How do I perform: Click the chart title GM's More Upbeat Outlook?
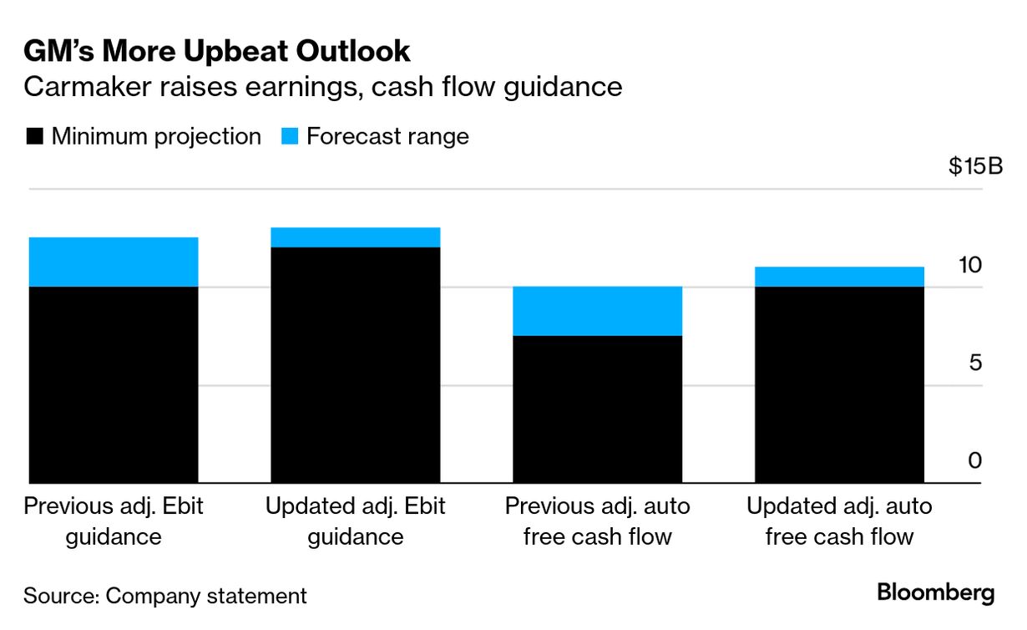[x=217, y=52]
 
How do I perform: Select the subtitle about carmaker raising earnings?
[x=323, y=87]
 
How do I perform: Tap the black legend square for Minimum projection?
[x=34, y=136]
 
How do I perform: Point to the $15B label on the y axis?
[x=974, y=166]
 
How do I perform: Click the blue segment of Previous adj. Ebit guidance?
[x=114, y=262]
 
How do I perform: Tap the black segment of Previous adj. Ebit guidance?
[x=114, y=384]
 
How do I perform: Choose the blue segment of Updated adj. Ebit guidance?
[x=356, y=237]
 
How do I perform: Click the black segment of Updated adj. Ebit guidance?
[x=356, y=365]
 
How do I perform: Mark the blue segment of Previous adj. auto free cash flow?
[x=598, y=311]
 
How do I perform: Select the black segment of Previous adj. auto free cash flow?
[x=598, y=409]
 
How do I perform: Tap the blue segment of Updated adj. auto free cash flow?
[x=839, y=277]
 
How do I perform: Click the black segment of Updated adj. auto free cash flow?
[x=839, y=384]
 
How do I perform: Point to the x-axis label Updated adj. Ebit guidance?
[x=356, y=521]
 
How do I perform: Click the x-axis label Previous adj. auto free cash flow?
[x=598, y=521]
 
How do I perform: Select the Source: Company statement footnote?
[x=165, y=596]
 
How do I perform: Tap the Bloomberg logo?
[x=935, y=593]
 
